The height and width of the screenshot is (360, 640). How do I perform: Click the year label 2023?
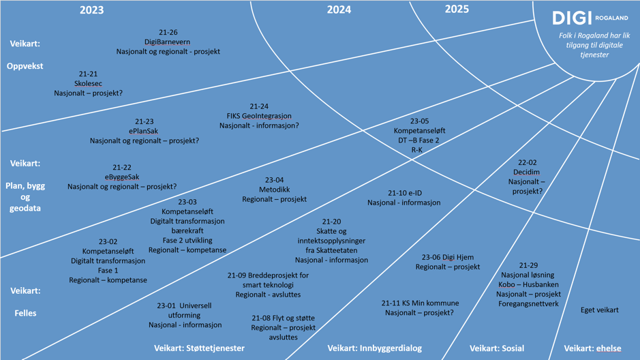pyautogui.click(x=92, y=10)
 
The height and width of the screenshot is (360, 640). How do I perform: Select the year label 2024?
pyautogui.click(x=339, y=10)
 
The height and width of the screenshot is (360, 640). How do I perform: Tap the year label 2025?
pyautogui.click(x=457, y=9)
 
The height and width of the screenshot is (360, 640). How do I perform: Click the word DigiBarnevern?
pyautogui.click(x=168, y=42)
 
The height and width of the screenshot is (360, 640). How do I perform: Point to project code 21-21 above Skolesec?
pyautogui.click(x=88, y=74)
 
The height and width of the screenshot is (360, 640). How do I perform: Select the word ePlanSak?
pyautogui.click(x=144, y=131)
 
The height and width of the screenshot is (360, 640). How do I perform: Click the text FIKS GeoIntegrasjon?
pyautogui.click(x=259, y=116)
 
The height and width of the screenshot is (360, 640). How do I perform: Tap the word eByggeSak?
pyautogui.click(x=122, y=177)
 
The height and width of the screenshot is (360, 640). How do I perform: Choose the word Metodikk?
pyautogui.click(x=275, y=190)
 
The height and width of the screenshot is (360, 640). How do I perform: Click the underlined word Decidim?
pyautogui.click(x=527, y=172)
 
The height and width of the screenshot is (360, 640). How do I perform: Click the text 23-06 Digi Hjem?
pyautogui.click(x=447, y=257)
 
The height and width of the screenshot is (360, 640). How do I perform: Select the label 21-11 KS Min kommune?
pyautogui.click(x=419, y=303)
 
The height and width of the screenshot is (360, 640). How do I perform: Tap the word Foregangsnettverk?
pyautogui.click(x=528, y=303)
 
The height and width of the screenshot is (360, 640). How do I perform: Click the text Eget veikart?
pyautogui.click(x=599, y=310)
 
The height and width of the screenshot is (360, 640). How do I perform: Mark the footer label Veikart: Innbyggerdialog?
pyautogui.click(x=374, y=348)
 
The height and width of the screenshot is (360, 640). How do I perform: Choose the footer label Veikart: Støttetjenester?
pyautogui.click(x=199, y=348)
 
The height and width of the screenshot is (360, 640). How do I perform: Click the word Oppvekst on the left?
pyautogui.click(x=25, y=66)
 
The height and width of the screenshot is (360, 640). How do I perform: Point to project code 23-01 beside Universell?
pyautogui.click(x=166, y=306)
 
